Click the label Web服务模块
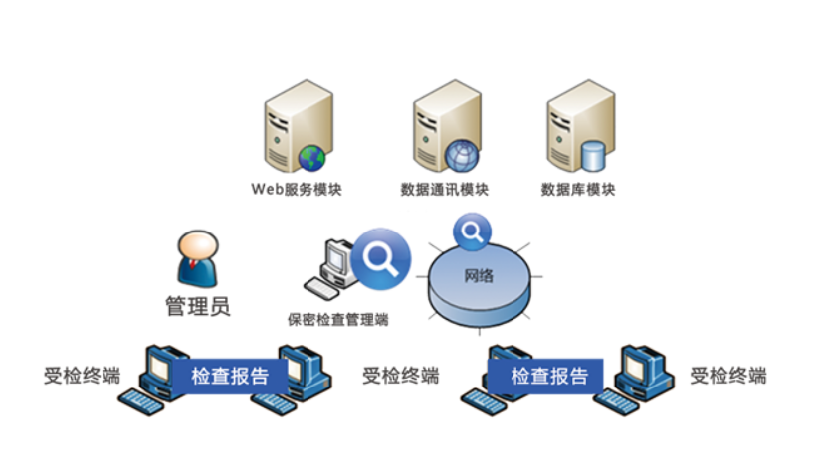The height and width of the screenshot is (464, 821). point(296,189)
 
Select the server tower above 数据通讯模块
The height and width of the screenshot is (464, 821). point(439,124)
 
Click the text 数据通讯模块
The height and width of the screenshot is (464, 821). point(445,189)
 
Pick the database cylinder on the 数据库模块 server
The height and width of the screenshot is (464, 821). point(593,156)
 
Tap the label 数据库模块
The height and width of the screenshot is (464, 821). point(578,189)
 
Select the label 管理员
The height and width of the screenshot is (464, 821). point(197,306)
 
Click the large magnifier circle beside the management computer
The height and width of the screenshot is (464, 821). point(380,258)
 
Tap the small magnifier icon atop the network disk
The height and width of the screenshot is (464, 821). point(471,232)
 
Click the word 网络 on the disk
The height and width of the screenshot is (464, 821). point(479,275)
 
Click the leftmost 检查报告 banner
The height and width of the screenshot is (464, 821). point(230,377)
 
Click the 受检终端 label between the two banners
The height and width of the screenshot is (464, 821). point(400,376)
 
